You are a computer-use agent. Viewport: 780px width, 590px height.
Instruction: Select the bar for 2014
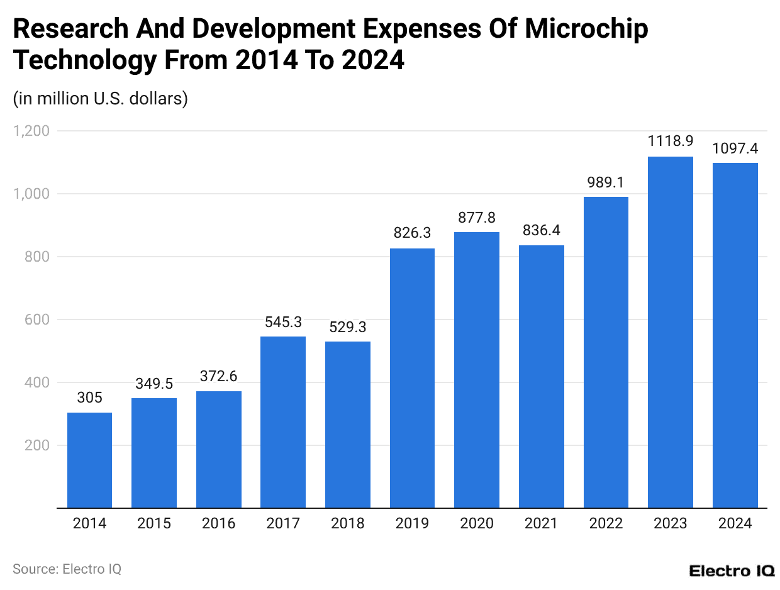point(89,460)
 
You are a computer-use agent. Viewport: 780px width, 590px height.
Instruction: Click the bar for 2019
point(412,378)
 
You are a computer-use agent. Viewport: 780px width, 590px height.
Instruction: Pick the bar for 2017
point(283,422)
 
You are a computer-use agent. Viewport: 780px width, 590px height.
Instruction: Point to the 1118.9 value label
point(670,141)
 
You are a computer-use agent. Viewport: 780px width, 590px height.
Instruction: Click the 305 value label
point(89,398)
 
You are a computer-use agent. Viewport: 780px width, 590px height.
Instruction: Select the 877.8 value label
point(477,217)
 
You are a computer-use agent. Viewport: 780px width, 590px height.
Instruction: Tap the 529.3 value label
point(347,326)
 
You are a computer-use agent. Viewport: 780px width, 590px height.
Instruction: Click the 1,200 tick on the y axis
point(31,131)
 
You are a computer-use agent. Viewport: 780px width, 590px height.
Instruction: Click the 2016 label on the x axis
point(218,523)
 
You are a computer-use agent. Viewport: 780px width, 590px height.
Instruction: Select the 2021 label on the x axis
point(541,523)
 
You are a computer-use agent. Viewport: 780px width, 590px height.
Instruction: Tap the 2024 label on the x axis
point(735,523)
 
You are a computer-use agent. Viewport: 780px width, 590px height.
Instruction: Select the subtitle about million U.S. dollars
point(100,99)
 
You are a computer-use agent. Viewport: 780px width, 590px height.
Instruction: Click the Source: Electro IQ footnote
point(67,569)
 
